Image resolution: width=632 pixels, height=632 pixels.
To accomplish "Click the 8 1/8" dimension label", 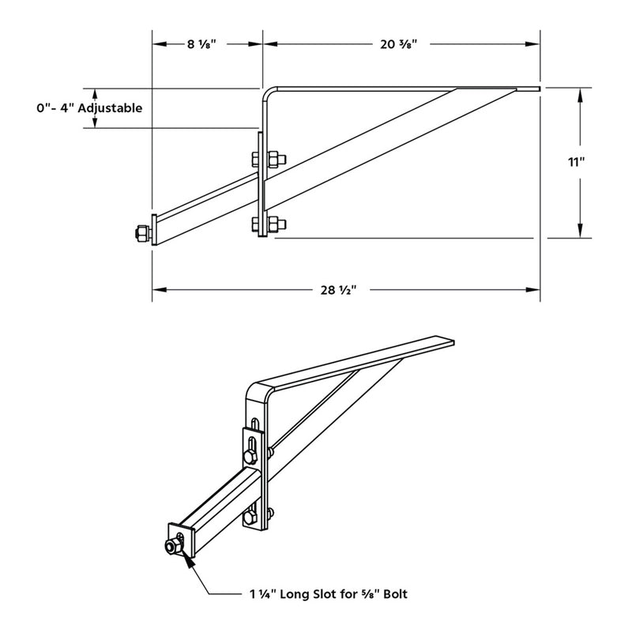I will click(206, 44).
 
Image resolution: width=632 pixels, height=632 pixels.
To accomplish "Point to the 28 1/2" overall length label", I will click(340, 290).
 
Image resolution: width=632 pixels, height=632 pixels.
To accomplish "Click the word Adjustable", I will click(109, 108).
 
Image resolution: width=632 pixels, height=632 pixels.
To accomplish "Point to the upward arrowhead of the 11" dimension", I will click(581, 94).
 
